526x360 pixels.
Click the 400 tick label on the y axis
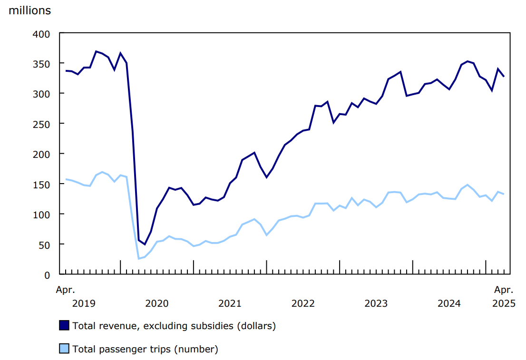coord(42,33)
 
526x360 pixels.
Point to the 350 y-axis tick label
coord(42,63)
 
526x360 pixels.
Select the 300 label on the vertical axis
coord(42,94)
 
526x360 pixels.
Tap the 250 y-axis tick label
coord(42,124)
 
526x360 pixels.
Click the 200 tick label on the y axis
coord(42,154)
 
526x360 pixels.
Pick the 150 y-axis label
coord(42,184)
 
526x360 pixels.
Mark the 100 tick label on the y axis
coord(42,214)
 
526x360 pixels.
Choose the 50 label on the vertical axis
coord(44,244)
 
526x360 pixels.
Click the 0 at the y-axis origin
coord(47,274)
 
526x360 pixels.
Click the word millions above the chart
coord(29,10)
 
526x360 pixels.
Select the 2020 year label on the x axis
coord(157,303)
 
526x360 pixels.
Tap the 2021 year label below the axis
coord(230,303)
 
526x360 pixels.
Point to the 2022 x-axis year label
coord(303,303)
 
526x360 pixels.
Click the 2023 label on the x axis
coord(376,303)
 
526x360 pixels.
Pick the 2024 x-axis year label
coord(449,303)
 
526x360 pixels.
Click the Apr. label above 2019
coord(65,290)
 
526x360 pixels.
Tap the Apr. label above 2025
coord(504,290)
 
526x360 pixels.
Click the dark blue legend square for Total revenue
coord(64,325)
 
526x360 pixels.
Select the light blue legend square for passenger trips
coord(64,349)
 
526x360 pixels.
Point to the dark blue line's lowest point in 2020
coord(145,244)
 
